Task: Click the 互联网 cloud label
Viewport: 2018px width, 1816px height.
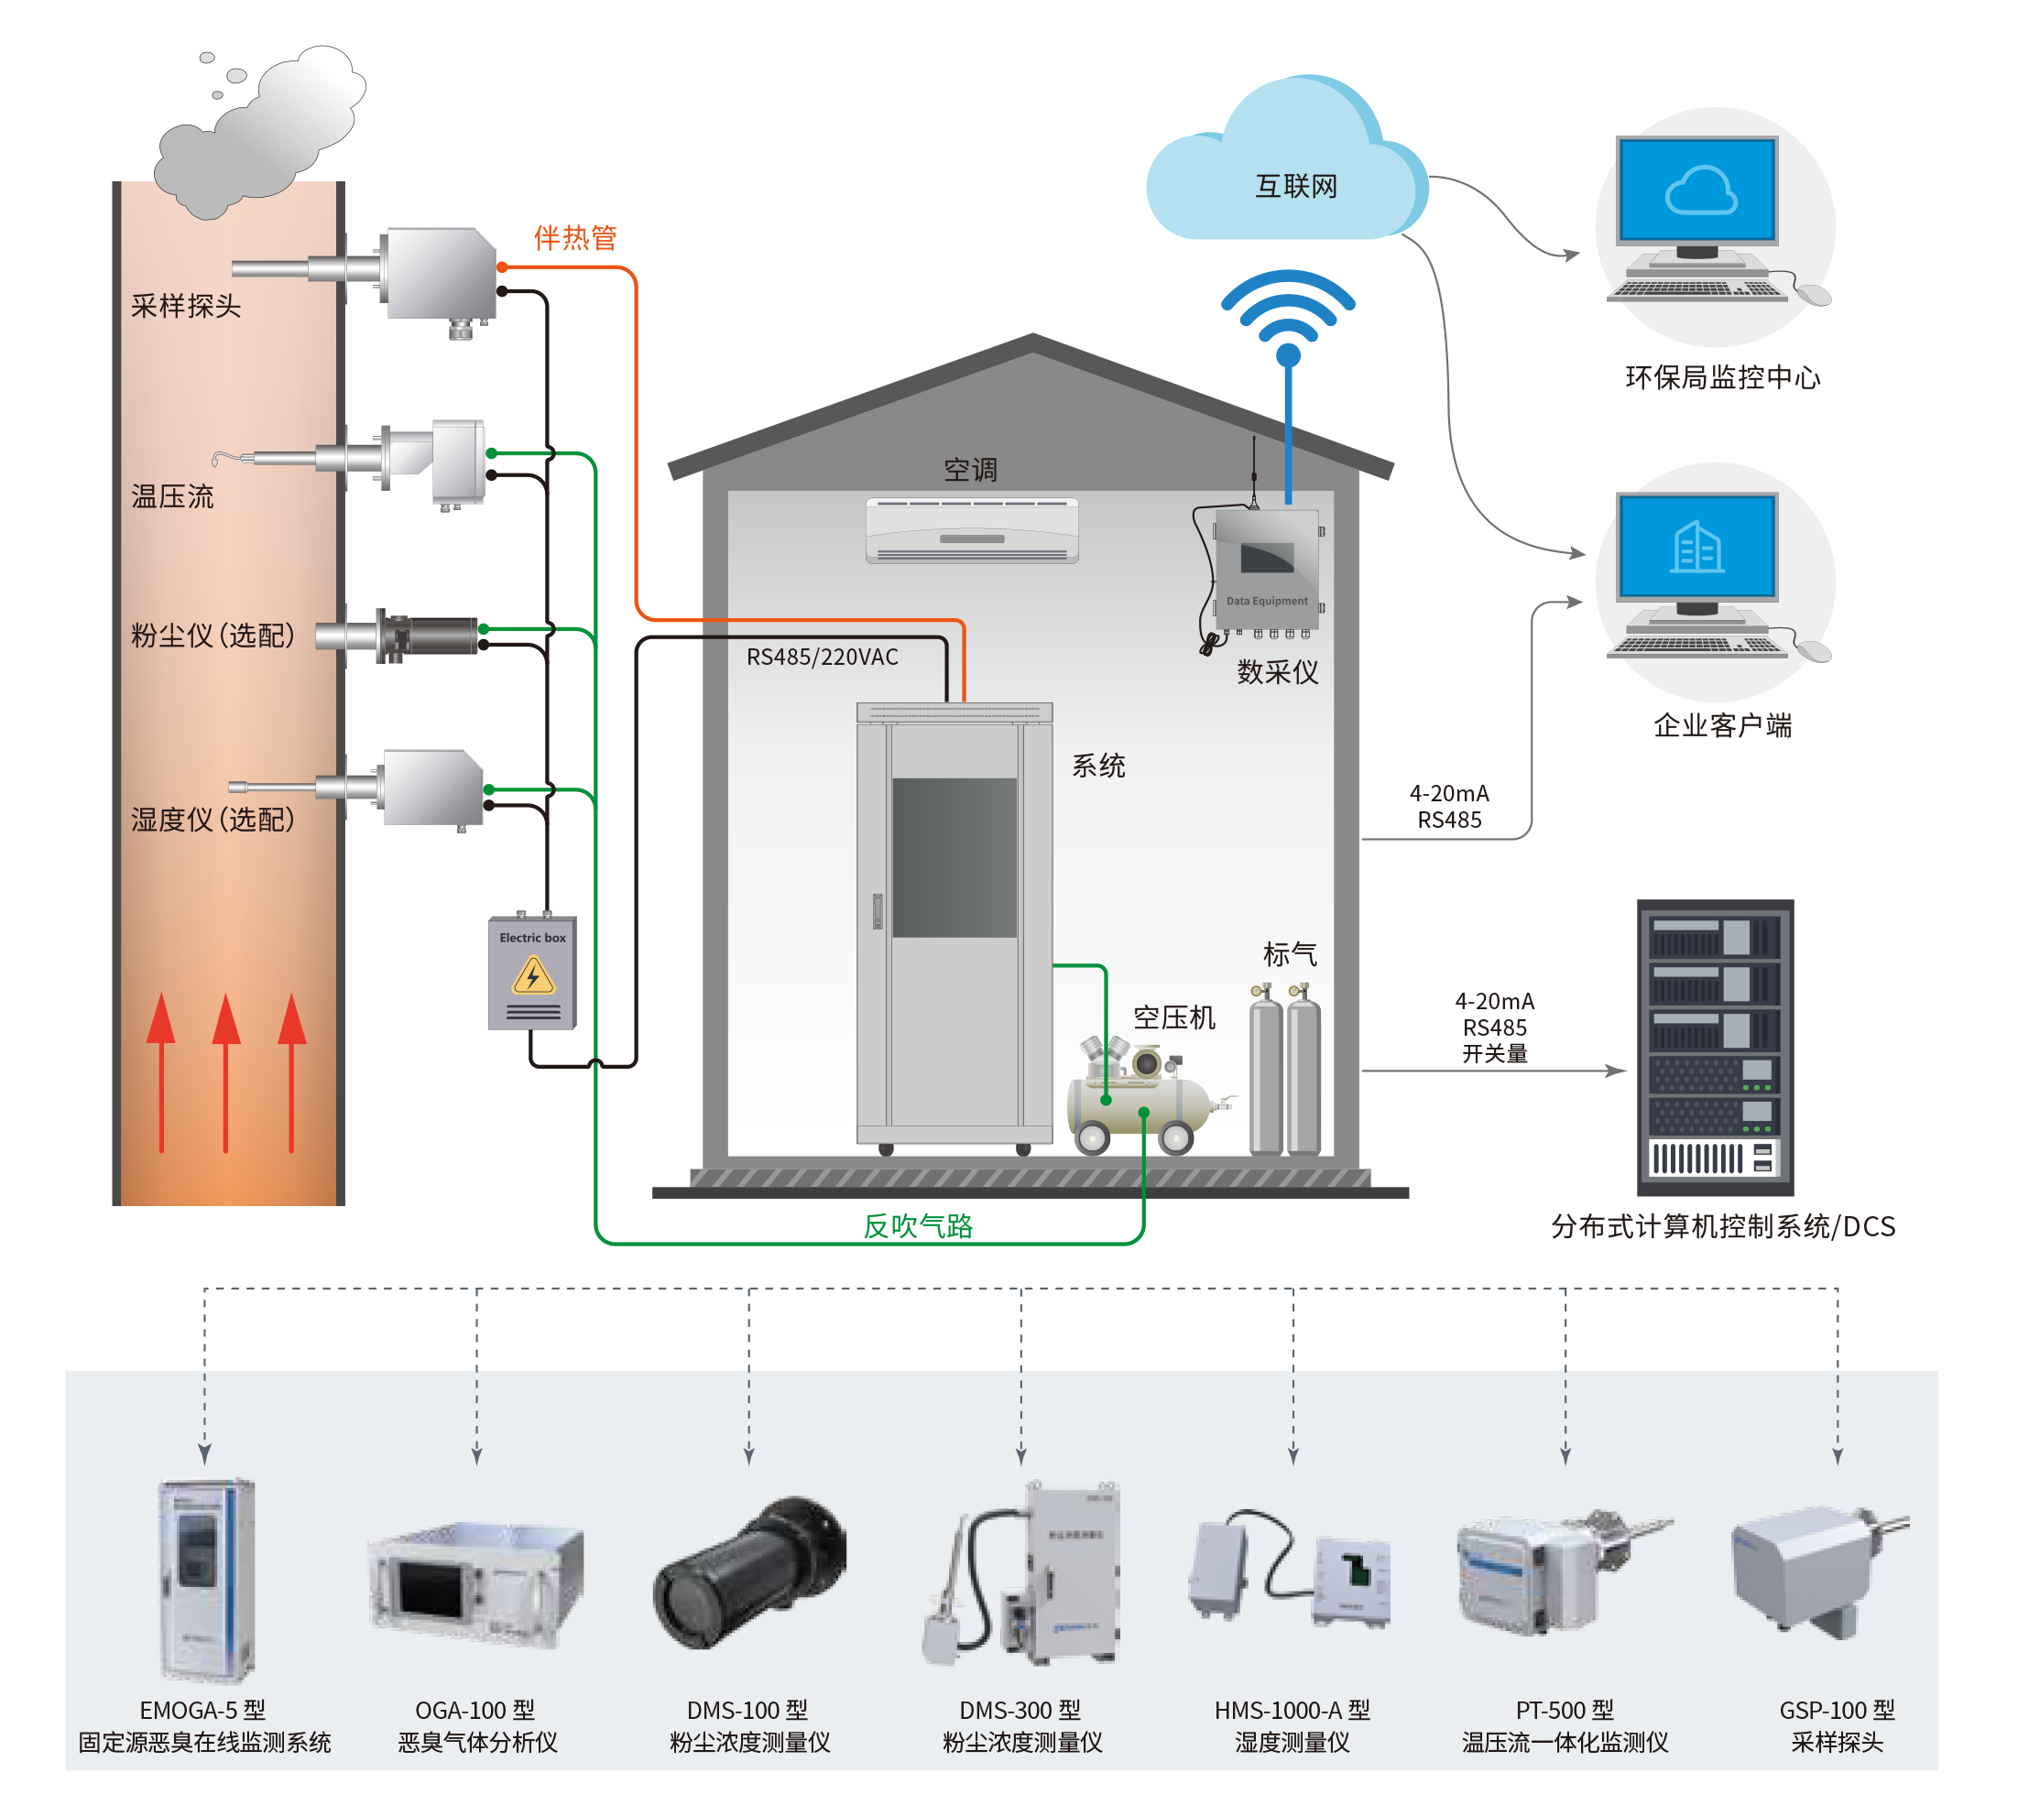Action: pos(1295,187)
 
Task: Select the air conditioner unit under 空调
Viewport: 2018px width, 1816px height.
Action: pos(971,531)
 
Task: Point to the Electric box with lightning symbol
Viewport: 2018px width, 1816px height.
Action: pos(532,973)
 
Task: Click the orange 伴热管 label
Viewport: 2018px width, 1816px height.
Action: pos(575,237)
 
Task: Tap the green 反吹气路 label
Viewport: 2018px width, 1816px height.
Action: pos(917,1226)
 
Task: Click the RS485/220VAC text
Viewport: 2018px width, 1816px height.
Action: pos(822,657)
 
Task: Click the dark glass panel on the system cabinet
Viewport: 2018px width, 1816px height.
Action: pos(954,857)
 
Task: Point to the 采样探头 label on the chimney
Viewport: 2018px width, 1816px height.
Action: pos(186,306)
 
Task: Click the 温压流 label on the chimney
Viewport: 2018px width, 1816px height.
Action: pos(171,496)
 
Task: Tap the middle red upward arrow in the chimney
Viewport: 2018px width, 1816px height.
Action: pos(226,1072)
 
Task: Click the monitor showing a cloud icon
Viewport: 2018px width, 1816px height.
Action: pos(1697,190)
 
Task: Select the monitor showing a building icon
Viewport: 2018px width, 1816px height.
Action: pos(1697,547)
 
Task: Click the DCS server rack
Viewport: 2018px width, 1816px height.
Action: pos(1715,1048)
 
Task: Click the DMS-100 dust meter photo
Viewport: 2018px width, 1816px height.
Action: pos(749,1573)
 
